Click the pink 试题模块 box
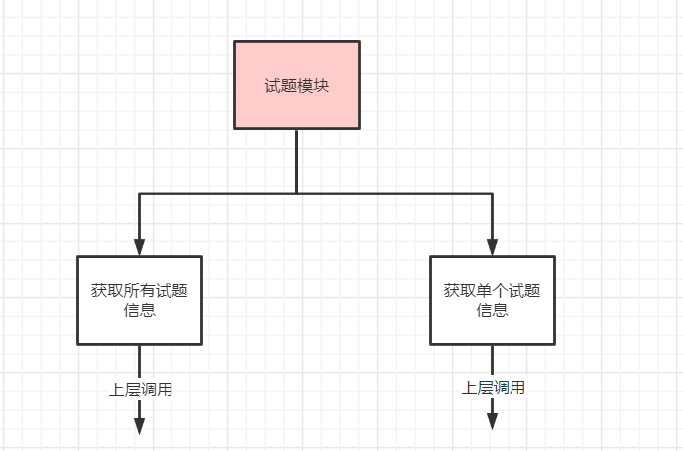click(x=297, y=85)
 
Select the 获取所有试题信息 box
click(x=140, y=300)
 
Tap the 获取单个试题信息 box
click(x=493, y=300)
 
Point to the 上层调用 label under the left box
click(x=141, y=390)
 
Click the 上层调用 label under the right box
click(x=494, y=388)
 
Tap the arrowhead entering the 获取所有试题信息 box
click(x=140, y=246)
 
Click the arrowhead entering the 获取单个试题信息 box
click(x=493, y=246)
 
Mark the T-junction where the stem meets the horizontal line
click(x=297, y=192)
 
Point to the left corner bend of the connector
click(x=140, y=192)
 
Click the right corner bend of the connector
click(x=493, y=192)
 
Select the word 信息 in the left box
click(x=140, y=310)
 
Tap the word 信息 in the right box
click(x=493, y=310)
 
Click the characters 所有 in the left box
click(x=140, y=291)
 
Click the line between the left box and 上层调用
click(x=140, y=360)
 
